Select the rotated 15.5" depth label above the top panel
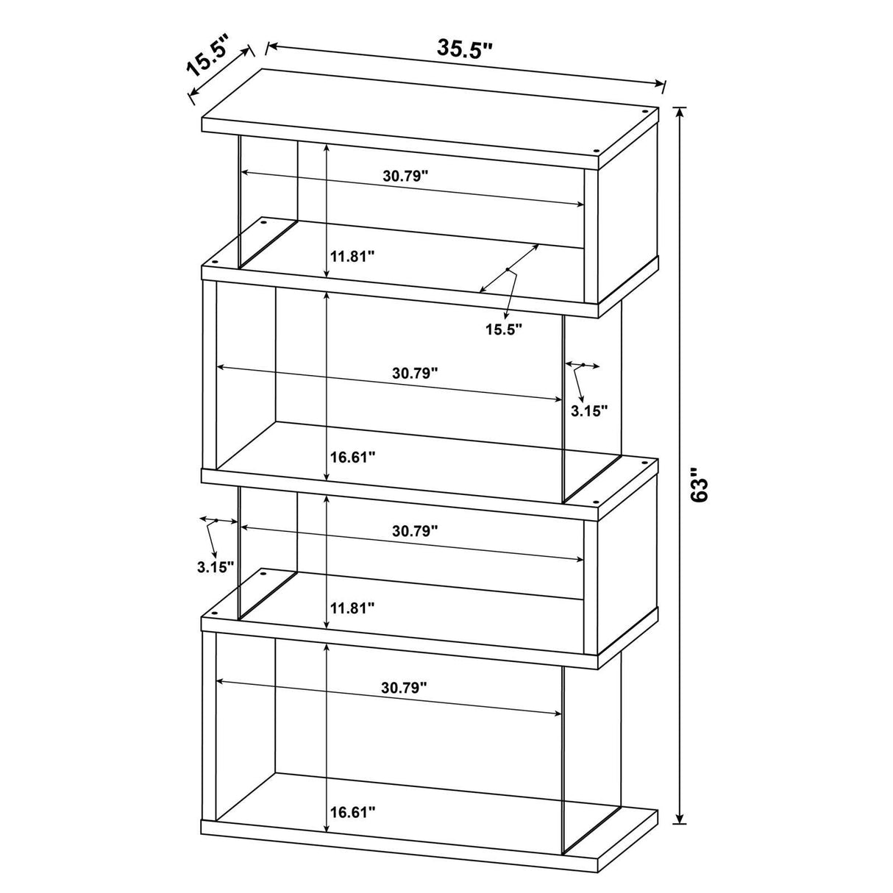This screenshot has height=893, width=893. point(208,57)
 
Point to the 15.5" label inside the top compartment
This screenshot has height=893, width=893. point(503,328)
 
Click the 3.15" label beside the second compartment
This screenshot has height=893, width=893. point(589,410)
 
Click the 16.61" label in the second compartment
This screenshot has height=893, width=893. point(352,457)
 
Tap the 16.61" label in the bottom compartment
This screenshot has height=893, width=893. point(352,812)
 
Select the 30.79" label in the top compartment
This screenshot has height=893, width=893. point(405,176)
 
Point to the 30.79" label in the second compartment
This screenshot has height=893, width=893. point(415,372)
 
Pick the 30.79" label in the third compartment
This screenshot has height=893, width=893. point(415,530)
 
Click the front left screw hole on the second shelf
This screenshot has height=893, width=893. point(215,261)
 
